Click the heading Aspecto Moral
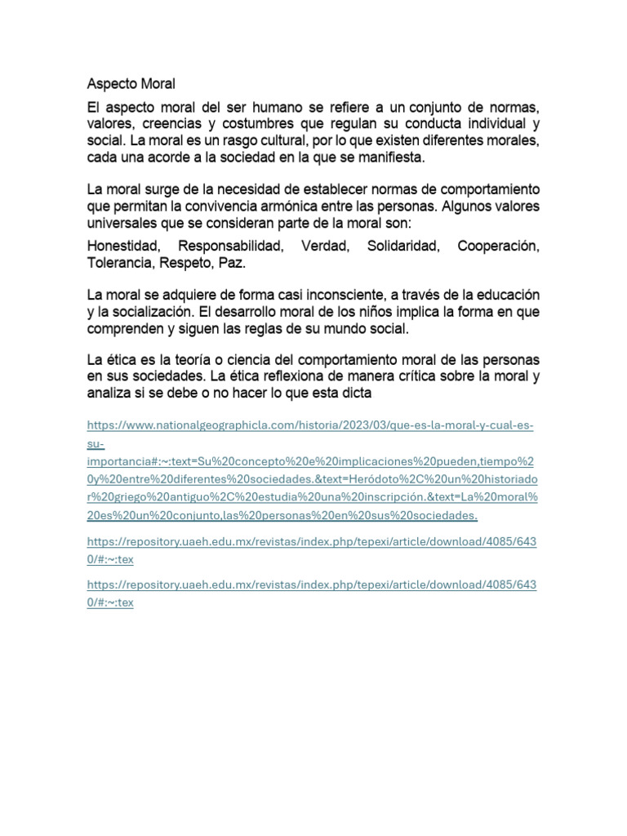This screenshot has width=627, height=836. click(131, 84)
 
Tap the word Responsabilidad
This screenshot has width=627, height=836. click(231, 246)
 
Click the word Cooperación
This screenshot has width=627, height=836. click(498, 246)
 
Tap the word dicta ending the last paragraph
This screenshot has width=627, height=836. click(356, 393)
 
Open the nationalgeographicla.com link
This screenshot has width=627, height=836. click(310, 426)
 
